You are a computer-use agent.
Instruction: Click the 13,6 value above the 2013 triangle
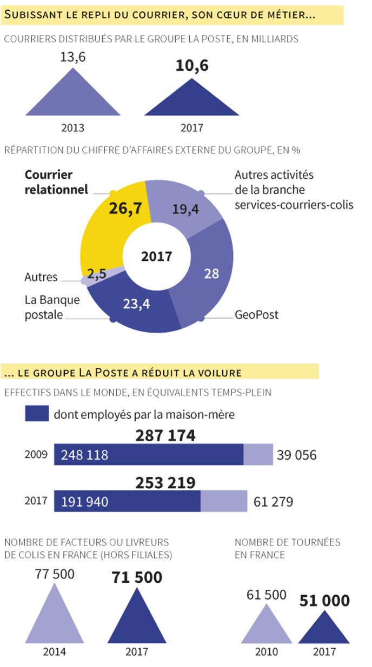click(x=73, y=57)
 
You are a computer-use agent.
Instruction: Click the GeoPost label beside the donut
click(x=256, y=314)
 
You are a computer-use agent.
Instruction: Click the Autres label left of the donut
click(x=41, y=277)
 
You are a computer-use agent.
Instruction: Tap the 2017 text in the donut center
click(x=156, y=257)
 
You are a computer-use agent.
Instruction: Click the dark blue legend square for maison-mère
click(x=37, y=414)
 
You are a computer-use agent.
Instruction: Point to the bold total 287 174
click(x=165, y=436)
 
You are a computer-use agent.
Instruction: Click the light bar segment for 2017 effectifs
click(x=224, y=501)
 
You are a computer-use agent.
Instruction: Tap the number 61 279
click(x=273, y=502)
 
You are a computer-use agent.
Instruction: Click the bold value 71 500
click(x=137, y=577)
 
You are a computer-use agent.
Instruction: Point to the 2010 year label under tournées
click(x=266, y=652)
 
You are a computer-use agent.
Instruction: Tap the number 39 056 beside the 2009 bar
click(x=296, y=455)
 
